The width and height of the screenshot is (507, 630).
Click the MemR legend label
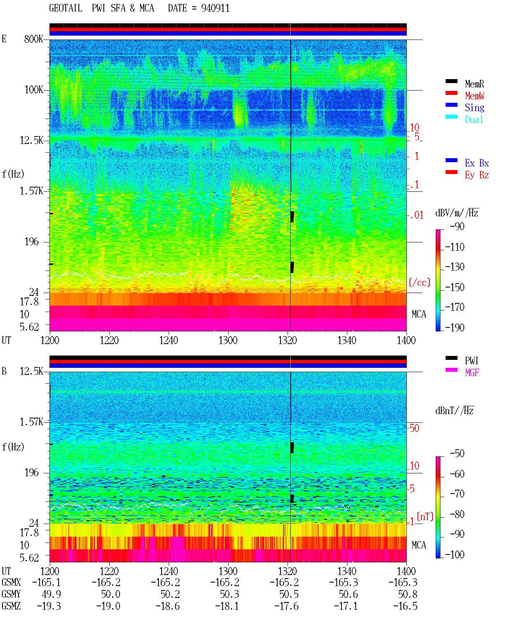pos(474,84)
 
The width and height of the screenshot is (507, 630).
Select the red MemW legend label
pos(474,96)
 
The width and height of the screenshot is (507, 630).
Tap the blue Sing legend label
pos(474,108)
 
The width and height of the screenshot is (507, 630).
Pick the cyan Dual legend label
pos(474,119)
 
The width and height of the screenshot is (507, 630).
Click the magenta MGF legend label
pos(472,373)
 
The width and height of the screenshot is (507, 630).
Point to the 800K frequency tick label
pos(34,39)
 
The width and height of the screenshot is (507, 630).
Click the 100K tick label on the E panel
pos(34,90)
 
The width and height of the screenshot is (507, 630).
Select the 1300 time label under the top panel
pos(228,340)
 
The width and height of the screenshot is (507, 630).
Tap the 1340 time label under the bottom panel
pos(347,571)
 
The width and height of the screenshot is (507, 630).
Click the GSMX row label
pos(11,582)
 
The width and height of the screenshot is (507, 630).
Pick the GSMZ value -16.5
pos(405,606)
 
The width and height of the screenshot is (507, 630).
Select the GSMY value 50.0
pos(111,594)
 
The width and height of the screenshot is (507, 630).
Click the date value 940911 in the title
pos(215,8)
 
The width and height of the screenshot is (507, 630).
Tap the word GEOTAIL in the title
pos(66,8)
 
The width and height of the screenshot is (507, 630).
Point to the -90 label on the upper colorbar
pos(457,226)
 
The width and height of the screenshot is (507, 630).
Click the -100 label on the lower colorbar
pos(454,554)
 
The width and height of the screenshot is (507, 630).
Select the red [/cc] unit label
pos(419,282)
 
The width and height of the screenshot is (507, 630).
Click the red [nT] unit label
pos(425,516)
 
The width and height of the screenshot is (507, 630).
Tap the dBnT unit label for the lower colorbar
pos(454,411)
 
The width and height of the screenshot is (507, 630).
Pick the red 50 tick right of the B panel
pos(414,428)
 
